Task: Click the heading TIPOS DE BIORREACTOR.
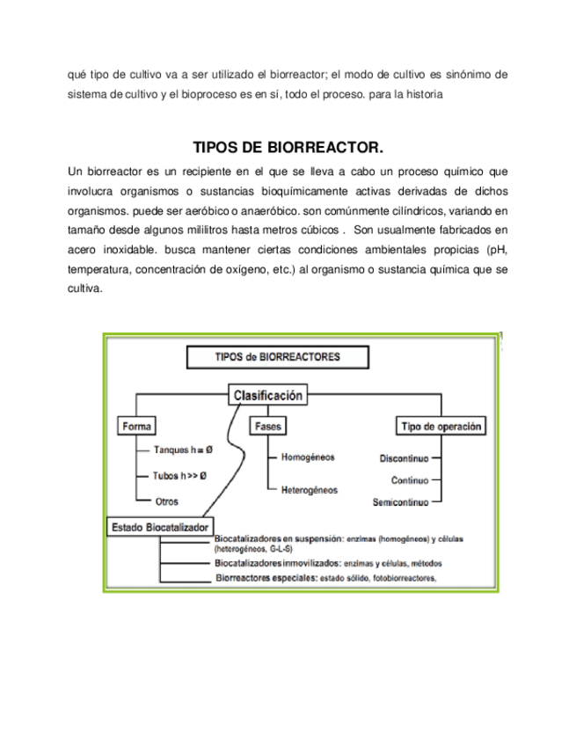pos(288,146)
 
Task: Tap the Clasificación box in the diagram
pos(267,396)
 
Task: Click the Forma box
pos(136,427)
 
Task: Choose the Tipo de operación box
pos(441,427)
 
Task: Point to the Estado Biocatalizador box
pos(159,527)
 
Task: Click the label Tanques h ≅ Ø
pos(183,450)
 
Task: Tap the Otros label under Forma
pos(166,501)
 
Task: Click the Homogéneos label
pos(308,457)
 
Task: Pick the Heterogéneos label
pos(309,489)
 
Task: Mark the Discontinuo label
pos(404,459)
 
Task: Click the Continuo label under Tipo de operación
pos(410,480)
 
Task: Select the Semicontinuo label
pos(400,502)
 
